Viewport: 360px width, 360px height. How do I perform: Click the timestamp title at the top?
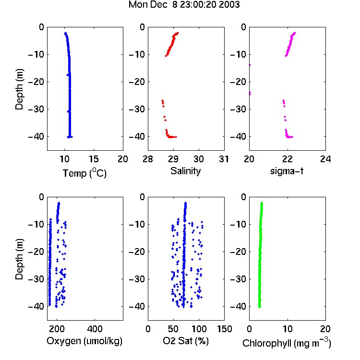pyautogui.click(x=184, y=5)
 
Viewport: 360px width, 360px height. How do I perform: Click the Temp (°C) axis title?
pyautogui.click(x=84, y=173)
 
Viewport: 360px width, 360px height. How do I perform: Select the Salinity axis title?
pyautogui.click(x=185, y=171)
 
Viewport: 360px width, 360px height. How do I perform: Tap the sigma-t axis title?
pyautogui.click(x=287, y=171)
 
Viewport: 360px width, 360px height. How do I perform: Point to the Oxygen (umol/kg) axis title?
pyautogui.click(x=84, y=341)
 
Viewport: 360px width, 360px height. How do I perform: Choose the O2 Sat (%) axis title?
pyautogui.click(x=185, y=341)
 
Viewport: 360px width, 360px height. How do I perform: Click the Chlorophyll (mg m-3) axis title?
pyautogui.click(x=287, y=343)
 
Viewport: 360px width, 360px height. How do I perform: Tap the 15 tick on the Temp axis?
pyautogui.click(x=94, y=159)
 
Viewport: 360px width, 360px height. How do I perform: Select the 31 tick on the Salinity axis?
pyautogui.click(x=224, y=159)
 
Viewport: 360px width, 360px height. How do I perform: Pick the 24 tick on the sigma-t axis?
pyautogui.click(x=325, y=159)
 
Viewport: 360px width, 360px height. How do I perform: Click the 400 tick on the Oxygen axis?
pyautogui.click(x=95, y=329)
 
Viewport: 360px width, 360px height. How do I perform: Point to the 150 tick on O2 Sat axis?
pyautogui.click(x=224, y=329)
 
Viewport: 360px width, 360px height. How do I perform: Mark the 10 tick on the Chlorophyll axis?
pyautogui.click(x=288, y=329)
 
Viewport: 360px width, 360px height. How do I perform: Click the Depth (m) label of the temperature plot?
pyautogui.click(x=19, y=89)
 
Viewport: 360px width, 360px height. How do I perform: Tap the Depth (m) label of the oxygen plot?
pyautogui.click(x=19, y=259)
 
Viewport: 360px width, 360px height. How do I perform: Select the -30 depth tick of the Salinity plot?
pyautogui.click(x=137, y=109)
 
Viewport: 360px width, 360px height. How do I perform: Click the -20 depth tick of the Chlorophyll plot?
pyautogui.click(x=238, y=252)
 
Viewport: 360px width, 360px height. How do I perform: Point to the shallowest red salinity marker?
pyautogui.click(x=178, y=33)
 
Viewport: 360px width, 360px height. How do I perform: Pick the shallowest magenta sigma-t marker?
pyautogui.click(x=295, y=33)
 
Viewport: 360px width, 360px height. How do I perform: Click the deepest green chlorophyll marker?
pyautogui.click(x=259, y=307)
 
